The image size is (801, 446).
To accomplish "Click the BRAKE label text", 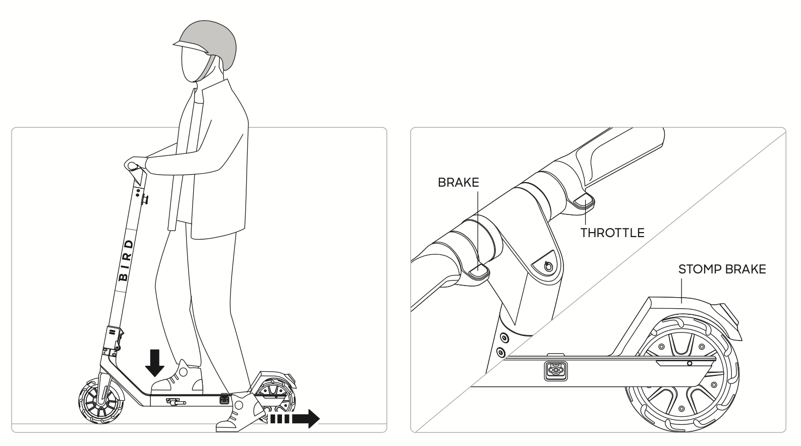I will [x=458, y=183].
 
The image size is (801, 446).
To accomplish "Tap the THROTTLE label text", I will [x=612, y=233].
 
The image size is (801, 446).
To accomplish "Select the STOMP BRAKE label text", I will [x=722, y=269].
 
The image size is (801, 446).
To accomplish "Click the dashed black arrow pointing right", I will [x=295, y=418].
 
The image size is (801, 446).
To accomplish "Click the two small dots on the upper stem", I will [x=137, y=193].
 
